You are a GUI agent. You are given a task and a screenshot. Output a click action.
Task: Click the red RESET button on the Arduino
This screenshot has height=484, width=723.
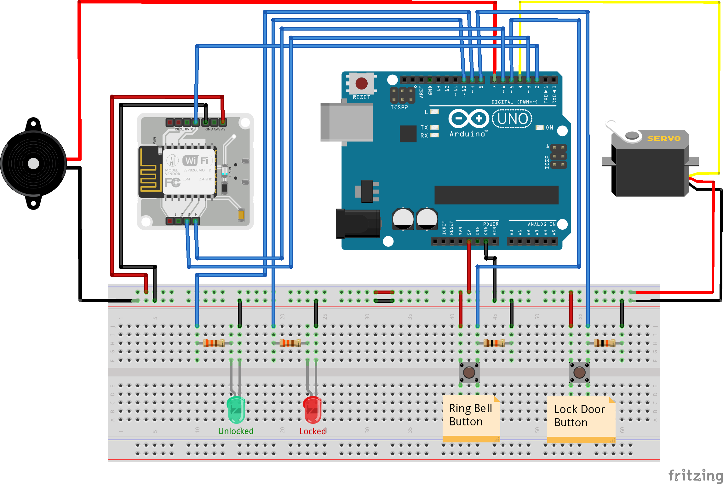point(361,83)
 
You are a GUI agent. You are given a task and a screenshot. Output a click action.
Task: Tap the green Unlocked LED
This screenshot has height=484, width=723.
point(236,410)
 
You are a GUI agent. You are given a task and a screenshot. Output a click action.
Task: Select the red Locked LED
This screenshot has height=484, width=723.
point(312,410)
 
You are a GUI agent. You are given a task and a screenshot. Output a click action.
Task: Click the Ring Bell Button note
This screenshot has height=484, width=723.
point(471,415)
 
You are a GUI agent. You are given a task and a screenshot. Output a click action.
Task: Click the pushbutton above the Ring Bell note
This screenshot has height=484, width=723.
point(469,372)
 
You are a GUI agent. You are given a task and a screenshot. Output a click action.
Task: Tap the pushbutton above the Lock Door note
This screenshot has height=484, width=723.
point(579,372)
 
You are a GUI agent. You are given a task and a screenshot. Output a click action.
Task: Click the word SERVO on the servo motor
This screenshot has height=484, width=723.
point(663,139)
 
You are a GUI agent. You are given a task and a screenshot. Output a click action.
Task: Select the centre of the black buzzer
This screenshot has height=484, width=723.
point(33,164)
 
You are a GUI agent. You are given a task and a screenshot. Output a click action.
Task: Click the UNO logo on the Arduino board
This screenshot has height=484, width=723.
point(512,119)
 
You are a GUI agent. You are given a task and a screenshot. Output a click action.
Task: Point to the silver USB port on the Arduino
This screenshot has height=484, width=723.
point(347,122)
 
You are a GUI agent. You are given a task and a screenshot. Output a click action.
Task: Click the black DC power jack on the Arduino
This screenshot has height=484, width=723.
point(358,224)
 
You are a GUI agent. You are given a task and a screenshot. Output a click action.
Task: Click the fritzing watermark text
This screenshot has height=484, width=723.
point(695,475)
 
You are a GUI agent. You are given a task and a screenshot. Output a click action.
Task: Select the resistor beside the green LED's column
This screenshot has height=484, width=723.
point(214,343)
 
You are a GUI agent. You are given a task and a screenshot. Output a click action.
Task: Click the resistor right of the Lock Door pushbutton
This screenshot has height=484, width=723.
point(604,343)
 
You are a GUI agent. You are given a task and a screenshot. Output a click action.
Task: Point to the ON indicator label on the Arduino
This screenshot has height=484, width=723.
point(549,128)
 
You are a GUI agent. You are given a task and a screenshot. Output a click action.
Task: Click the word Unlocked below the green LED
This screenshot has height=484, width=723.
point(236,431)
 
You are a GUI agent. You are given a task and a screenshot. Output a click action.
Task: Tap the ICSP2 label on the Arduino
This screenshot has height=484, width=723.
point(399,107)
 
